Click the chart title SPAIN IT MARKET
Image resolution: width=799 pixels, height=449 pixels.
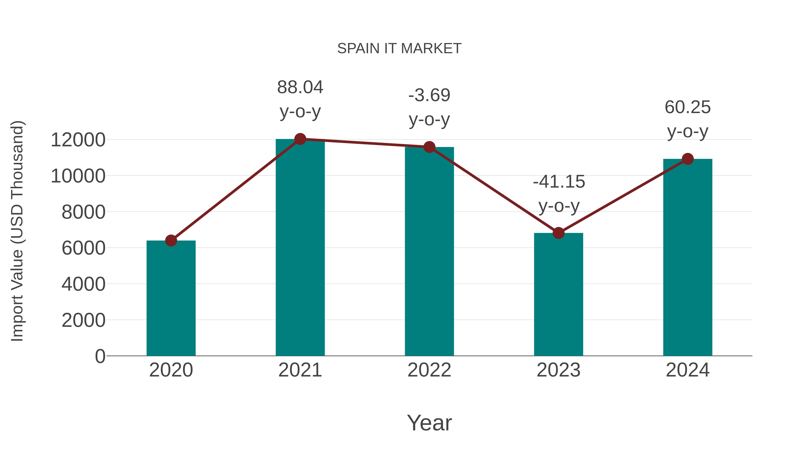(399, 49)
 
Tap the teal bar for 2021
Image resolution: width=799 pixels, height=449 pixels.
(300, 248)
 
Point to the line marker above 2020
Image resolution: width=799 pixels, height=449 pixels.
(171, 240)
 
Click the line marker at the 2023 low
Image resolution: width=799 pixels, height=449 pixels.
(558, 233)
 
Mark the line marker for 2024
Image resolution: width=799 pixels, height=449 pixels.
(687, 159)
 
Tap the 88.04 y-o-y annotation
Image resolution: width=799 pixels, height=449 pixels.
(300, 99)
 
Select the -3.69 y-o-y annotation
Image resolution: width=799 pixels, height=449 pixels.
(429, 107)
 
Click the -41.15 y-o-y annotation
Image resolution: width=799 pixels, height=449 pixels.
(559, 194)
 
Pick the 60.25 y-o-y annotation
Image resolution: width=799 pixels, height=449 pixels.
(687, 119)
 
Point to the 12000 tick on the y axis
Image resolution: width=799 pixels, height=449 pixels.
(78, 140)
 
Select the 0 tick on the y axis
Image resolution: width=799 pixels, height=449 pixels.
(100, 356)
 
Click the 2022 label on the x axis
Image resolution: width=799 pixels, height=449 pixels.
(429, 370)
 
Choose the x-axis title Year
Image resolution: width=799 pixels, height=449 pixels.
(429, 423)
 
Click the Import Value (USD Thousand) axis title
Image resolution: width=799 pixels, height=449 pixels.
(17, 231)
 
